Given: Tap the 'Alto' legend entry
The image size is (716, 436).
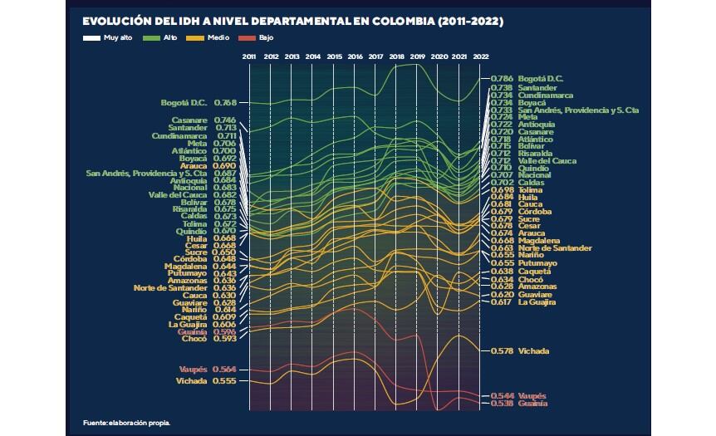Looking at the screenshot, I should (x=167, y=38).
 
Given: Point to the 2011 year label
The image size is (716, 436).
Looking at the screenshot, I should (x=249, y=56).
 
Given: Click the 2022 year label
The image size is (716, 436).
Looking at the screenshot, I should (x=480, y=56).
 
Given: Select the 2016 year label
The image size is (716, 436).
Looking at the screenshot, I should (x=355, y=56).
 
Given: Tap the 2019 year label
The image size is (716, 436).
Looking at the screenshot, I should (x=418, y=56).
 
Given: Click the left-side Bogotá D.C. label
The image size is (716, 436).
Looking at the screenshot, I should (x=184, y=103).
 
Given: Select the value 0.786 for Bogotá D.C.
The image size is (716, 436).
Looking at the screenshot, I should (x=502, y=79).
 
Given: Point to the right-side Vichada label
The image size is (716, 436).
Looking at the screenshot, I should (x=533, y=351).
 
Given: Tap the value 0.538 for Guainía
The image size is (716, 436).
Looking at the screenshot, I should (x=502, y=404).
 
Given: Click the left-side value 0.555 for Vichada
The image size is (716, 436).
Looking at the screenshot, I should (x=225, y=381).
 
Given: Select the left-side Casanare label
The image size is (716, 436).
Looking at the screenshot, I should (x=189, y=120).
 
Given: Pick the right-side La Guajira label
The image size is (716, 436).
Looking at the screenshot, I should (x=537, y=302).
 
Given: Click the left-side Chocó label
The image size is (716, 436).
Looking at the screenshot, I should (x=194, y=339).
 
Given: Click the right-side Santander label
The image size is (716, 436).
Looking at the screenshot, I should (x=537, y=87).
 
